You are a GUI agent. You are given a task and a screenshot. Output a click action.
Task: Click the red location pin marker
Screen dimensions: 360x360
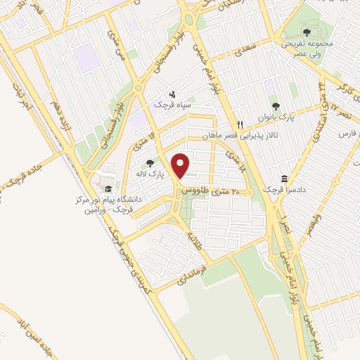(182, 166)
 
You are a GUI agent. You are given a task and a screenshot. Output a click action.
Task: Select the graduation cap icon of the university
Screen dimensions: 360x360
(108, 189)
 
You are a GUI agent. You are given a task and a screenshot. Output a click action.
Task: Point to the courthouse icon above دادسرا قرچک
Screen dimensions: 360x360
(284, 179)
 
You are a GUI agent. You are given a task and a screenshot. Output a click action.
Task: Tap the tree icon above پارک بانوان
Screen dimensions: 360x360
(274, 106)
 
